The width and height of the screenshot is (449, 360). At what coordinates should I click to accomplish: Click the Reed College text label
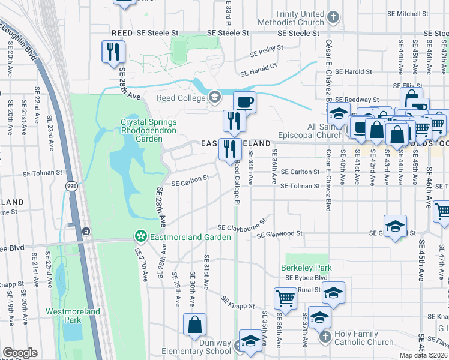[181, 98]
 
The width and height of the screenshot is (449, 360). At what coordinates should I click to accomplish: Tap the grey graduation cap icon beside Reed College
[214, 97]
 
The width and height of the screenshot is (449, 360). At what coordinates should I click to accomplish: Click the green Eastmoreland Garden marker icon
[140, 237]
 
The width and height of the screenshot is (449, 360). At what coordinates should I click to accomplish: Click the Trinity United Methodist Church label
[300, 19]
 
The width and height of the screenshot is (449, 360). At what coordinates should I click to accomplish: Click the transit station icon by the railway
[86, 231]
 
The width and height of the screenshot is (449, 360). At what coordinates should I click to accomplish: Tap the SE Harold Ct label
[258, 70]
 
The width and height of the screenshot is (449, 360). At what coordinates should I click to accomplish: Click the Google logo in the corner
[20, 353]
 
